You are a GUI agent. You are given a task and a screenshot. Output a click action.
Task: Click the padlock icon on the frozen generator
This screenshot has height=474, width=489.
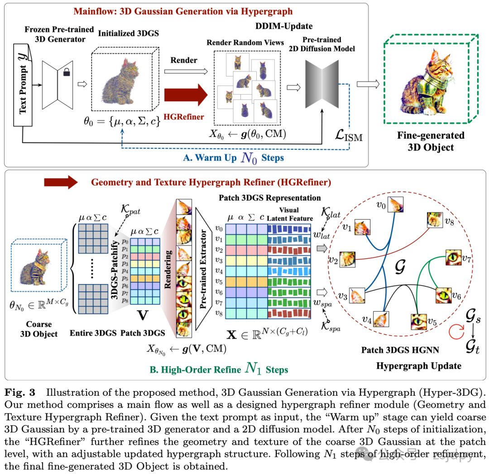point(66,72)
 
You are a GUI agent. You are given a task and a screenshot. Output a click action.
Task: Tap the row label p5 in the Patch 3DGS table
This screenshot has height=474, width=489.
point(125,279)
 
